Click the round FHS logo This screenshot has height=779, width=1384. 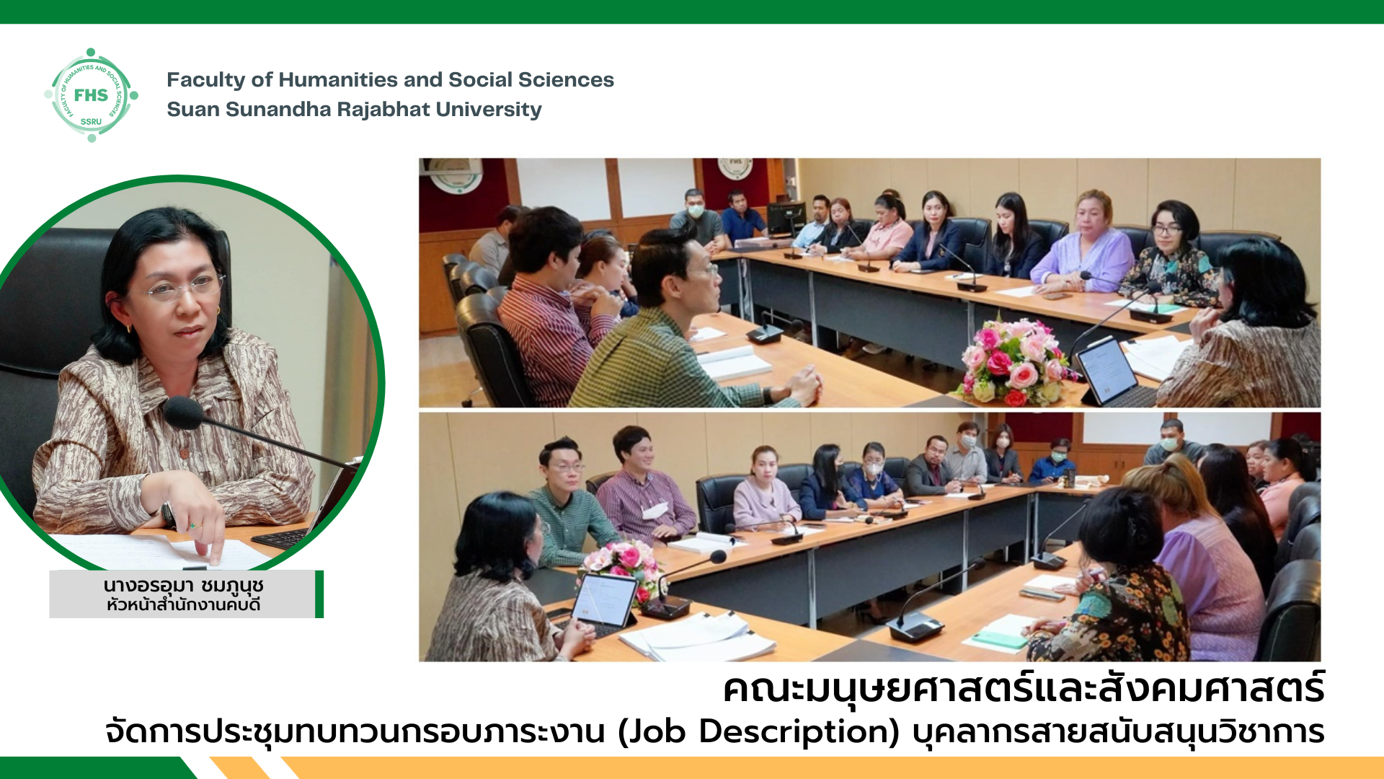pyautogui.click(x=91, y=95)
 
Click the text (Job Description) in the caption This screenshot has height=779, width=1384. pyautogui.click(x=759, y=731)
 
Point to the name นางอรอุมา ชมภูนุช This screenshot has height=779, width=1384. pyautogui.click(x=183, y=585)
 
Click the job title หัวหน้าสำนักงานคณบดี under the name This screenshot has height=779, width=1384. pyautogui.click(x=183, y=605)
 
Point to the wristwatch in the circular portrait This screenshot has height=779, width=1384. pyautogui.click(x=169, y=514)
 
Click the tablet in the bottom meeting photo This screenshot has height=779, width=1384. pyautogui.click(x=604, y=600)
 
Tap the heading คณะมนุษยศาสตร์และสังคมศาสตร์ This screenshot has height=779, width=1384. pyautogui.click(x=1024, y=689)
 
